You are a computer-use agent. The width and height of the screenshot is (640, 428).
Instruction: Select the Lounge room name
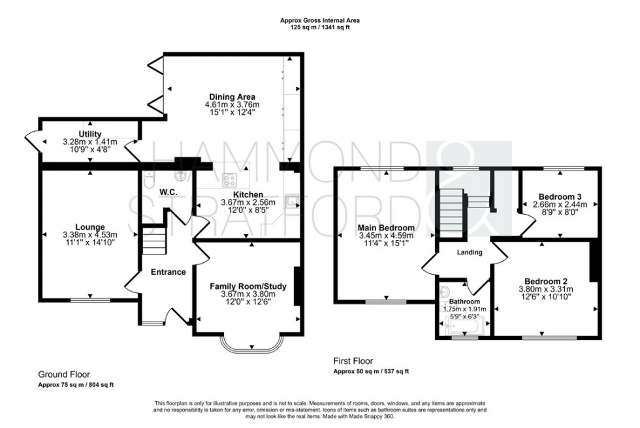click(x=89, y=226)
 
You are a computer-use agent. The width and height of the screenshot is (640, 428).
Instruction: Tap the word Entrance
click(x=168, y=272)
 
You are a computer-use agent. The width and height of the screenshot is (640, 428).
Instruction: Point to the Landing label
click(x=469, y=252)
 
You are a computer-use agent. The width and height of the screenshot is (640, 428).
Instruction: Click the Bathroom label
click(x=464, y=301)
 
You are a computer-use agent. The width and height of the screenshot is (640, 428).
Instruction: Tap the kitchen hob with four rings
click(x=230, y=179)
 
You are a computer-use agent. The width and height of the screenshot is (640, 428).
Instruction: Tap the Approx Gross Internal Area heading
click(x=320, y=20)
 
